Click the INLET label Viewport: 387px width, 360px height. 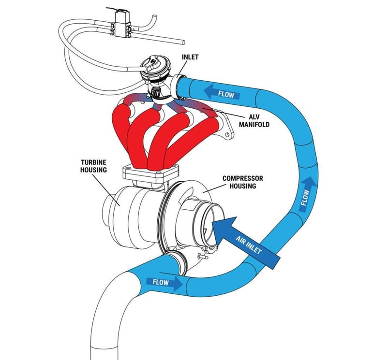[191, 57]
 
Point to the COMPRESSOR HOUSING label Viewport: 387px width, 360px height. [243, 182]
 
